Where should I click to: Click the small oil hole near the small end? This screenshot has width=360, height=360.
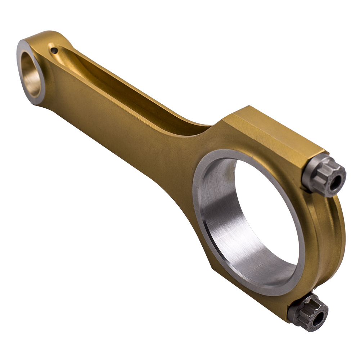(54, 51)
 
